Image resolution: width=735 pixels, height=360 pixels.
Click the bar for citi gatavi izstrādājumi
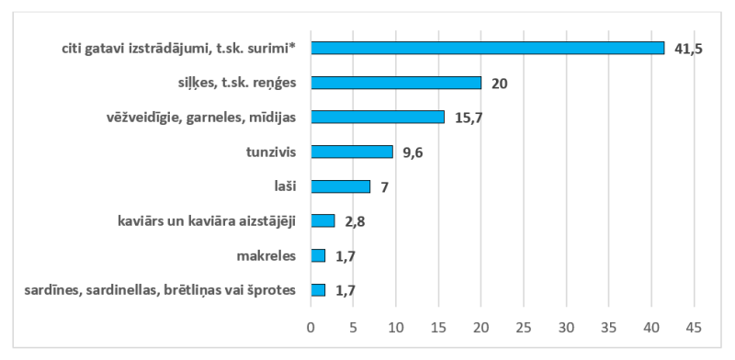(487, 48)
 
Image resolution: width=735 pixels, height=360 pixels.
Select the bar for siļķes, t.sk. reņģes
(395, 83)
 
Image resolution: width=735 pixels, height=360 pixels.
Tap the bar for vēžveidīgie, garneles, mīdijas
(377, 117)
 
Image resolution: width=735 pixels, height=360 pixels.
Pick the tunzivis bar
(351, 152)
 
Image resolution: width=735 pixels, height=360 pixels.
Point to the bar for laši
(340, 186)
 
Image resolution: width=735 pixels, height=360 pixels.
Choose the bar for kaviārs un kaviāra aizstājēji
(322, 220)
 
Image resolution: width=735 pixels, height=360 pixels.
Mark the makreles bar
(317, 255)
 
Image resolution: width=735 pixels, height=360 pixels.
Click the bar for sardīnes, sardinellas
(317, 290)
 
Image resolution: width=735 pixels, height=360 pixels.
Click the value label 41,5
(687, 49)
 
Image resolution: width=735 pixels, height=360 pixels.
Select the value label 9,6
(413, 152)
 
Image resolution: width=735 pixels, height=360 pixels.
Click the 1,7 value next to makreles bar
(346, 256)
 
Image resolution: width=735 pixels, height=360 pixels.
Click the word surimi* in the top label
(279, 48)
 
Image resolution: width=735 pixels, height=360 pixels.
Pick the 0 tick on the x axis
(311, 326)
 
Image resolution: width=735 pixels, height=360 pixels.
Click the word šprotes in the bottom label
(275, 290)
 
